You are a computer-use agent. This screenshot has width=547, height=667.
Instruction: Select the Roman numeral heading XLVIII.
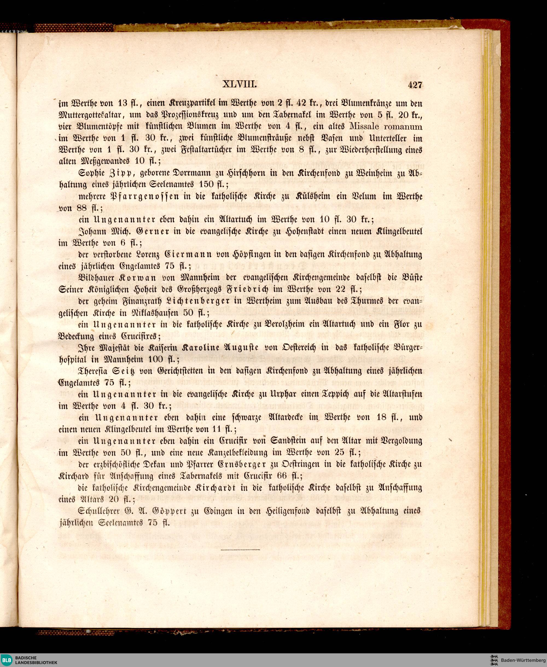coord(240,85)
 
